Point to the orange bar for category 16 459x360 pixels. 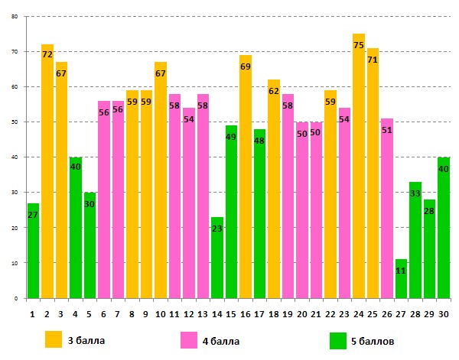246,177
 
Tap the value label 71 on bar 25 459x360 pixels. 373,60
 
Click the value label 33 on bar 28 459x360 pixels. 415,194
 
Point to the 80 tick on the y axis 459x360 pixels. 15,17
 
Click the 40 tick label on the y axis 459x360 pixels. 15,157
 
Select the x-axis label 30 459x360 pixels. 444,313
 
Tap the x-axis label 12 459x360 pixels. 189,313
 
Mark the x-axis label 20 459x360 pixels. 302,313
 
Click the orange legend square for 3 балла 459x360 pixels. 54,339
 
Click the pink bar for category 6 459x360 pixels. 104,199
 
